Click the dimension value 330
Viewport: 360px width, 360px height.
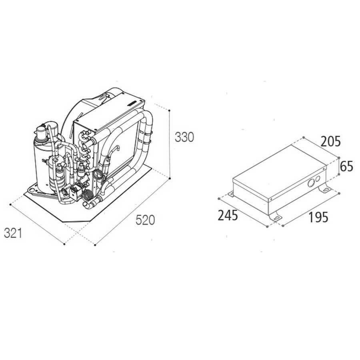[184, 137]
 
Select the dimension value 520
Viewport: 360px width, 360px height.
[145, 220]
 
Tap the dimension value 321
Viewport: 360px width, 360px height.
[13, 233]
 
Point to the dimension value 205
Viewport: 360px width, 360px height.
[331, 142]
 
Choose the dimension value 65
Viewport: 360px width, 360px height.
[347, 166]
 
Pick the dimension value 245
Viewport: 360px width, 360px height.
[228, 216]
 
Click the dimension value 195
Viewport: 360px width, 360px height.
[318, 218]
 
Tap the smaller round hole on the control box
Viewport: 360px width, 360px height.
[318, 178]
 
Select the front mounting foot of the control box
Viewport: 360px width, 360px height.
[275, 216]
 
